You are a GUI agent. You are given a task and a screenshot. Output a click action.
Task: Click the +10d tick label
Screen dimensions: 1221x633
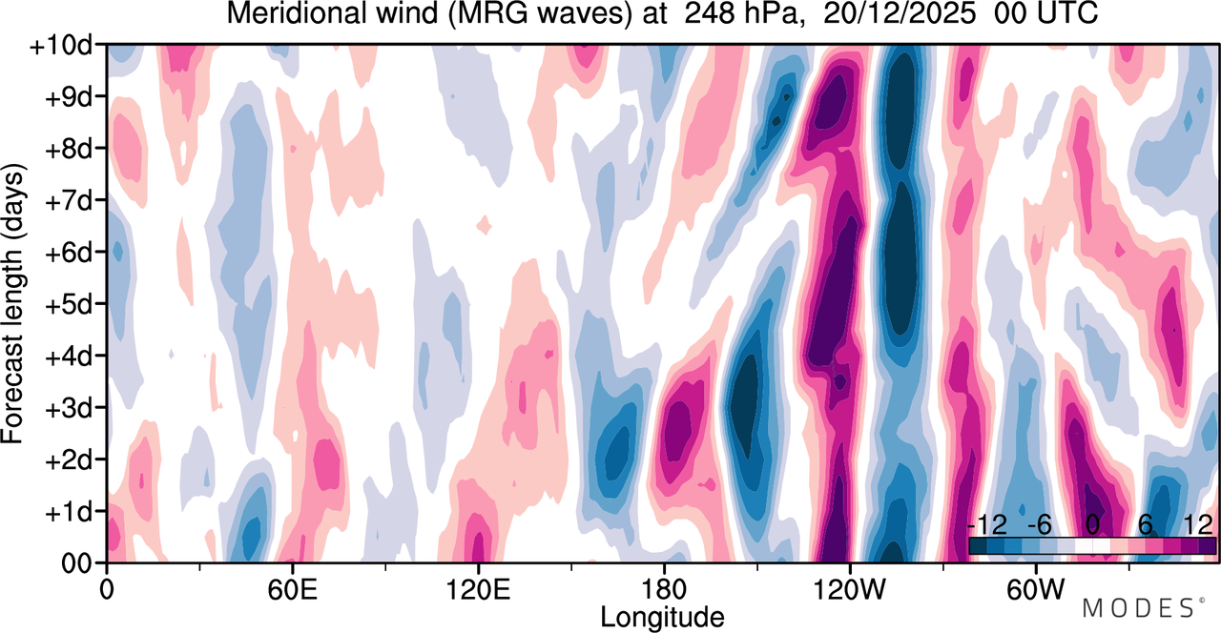pyautogui.click(x=60, y=46)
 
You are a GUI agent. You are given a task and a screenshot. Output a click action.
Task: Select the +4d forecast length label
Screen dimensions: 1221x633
pyautogui.click(x=69, y=357)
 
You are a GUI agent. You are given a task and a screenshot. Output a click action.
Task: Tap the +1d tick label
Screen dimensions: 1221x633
pyautogui.click(x=69, y=512)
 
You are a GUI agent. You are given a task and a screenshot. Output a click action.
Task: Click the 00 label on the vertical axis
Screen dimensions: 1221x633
pyautogui.click(x=76, y=564)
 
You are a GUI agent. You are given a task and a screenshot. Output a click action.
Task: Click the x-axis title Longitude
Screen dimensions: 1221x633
pyautogui.click(x=662, y=618)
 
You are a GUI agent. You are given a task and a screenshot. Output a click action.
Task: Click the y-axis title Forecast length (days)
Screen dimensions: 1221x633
pyautogui.click(x=13, y=303)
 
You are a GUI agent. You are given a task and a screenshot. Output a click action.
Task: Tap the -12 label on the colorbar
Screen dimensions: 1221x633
pyautogui.click(x=987, y=525)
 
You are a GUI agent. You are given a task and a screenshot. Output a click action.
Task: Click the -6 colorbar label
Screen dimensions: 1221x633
pyautogui.click(x=1039, y=525)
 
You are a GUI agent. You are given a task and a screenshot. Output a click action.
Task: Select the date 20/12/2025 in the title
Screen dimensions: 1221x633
pyautogui.click(x=900, y=13)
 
